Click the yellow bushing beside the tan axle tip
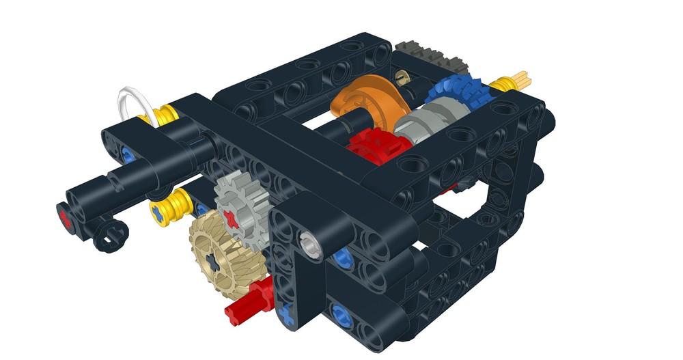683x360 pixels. tap(502, 84)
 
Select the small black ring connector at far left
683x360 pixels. tap(109, 236)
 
